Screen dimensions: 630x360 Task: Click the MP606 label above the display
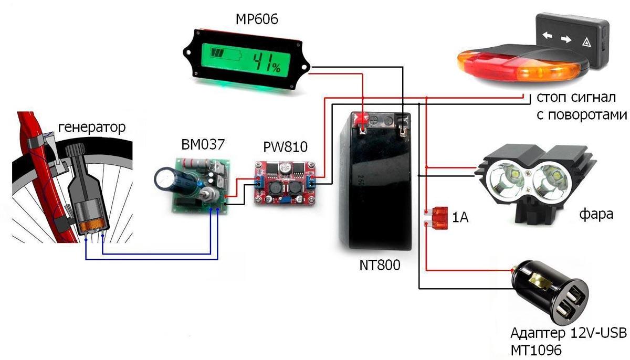point(257,19)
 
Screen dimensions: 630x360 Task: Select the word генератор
point(92,128)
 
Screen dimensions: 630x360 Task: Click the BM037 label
point(203,144)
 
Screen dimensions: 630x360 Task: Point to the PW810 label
point(285,147)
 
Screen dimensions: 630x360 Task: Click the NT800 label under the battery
point(380,265)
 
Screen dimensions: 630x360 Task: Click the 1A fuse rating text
point(460,217)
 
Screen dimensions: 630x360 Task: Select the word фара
point(596,214)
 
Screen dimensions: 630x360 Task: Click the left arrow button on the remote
point(547,35)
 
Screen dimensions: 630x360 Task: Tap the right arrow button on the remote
point(566,39)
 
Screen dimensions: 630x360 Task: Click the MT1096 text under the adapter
point(536,350)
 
